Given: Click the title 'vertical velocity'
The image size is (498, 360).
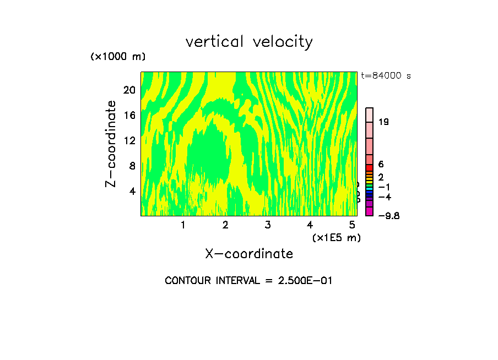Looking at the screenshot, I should [249, 42].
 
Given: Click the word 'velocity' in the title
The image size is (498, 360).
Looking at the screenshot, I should [282, 42].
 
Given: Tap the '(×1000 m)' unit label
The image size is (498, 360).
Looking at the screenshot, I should [118, 57].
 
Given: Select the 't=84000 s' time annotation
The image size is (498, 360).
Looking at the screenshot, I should [386, 76].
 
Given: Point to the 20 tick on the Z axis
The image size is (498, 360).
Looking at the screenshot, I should [129, 90].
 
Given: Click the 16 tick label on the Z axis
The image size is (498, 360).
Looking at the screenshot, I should [129, 115].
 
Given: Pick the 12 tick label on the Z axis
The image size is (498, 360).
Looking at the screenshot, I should [129, 140].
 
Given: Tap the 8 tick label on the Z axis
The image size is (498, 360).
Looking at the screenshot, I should [132, 166].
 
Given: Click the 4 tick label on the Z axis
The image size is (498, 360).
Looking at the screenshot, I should [132, 191].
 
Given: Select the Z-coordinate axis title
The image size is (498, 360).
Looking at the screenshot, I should [111, 144].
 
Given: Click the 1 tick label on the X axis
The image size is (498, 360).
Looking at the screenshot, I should [183, 225].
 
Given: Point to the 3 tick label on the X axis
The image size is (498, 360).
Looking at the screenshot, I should [267, 225].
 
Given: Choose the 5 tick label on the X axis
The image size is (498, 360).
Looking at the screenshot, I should [352, 225].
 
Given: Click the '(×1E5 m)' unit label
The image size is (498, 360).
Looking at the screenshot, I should [337, 238].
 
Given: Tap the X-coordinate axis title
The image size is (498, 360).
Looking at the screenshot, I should [249, 254].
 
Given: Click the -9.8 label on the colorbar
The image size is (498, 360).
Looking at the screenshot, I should [388, 216].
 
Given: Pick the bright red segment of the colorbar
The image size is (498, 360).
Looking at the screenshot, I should [370, 167].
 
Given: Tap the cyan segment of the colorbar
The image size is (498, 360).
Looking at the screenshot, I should [370, 188].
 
